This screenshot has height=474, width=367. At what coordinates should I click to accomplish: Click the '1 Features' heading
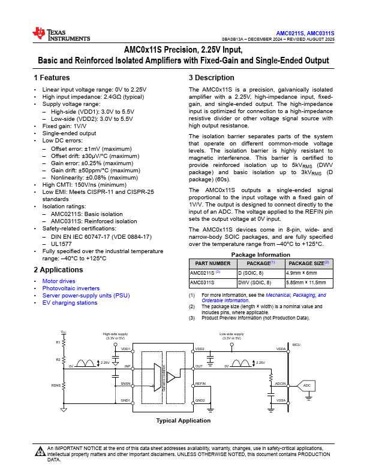point(52,78)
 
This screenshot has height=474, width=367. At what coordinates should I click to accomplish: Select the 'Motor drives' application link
point(59,281)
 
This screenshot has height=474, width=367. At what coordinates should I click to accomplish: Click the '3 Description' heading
point(211,78)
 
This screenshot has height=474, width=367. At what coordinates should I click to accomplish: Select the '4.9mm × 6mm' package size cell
point(304,272)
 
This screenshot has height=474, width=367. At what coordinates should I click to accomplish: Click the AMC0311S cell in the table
point(203,282)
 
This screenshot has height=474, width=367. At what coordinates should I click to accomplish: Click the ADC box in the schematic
point(307,385)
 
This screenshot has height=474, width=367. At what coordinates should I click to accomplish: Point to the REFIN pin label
point(200,383)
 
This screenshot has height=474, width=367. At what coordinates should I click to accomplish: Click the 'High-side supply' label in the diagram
point(115,334)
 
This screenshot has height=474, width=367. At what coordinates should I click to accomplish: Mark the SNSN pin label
point(125,383)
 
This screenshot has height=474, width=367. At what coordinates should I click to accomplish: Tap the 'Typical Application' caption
point(183,421)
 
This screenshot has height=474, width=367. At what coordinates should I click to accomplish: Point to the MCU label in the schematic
point(296,345)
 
